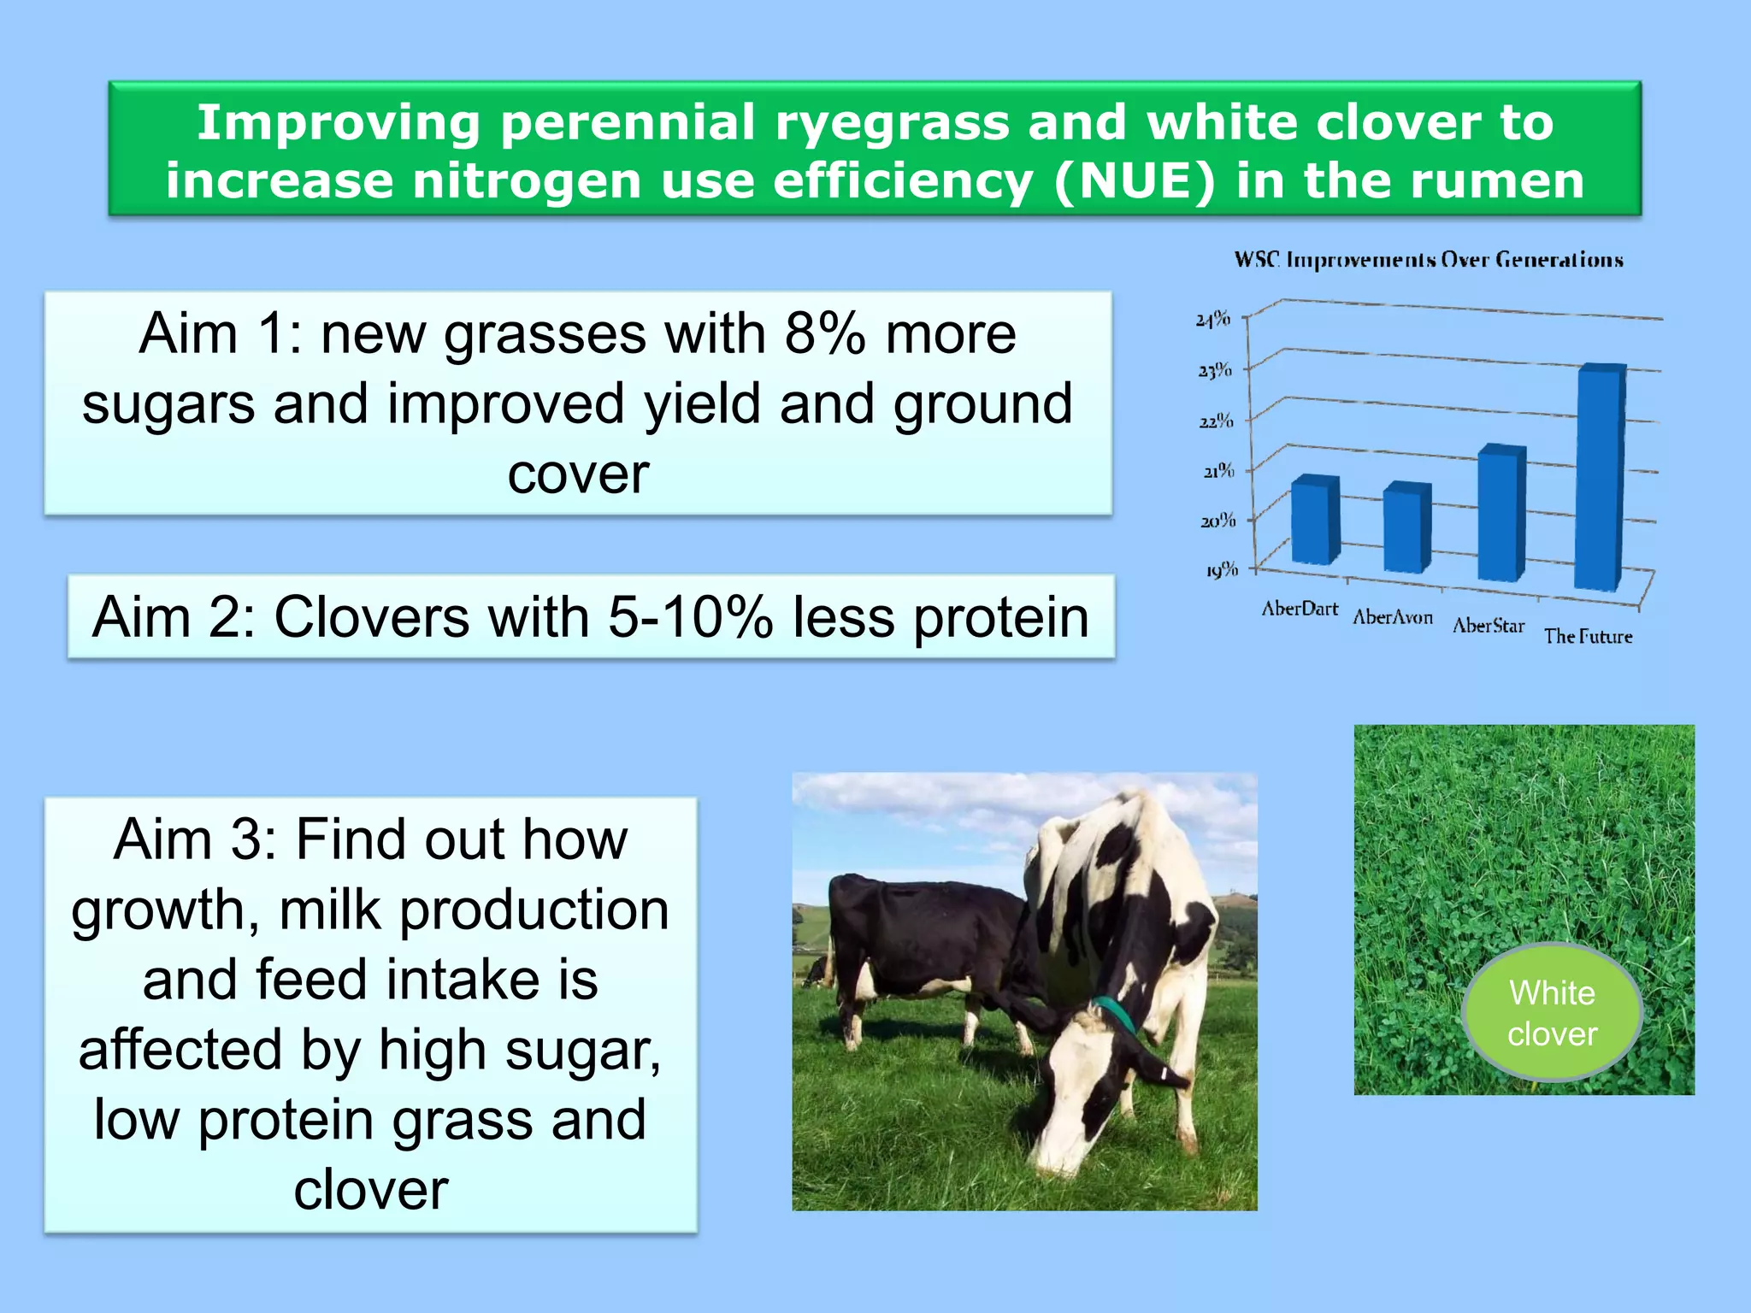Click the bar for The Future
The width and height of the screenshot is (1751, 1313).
click(x=1600, y=479)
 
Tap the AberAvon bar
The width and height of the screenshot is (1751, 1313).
click(x=1406, y=527)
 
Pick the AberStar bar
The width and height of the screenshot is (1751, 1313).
click(x=1501, y=513)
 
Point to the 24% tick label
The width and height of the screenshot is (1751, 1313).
click(x=1212, y=320)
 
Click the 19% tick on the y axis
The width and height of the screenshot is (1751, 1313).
click(x=1221, y=569)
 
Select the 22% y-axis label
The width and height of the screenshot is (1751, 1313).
click(x=1215, y=421)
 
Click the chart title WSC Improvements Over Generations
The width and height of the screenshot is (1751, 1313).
click(x=1428, y=260)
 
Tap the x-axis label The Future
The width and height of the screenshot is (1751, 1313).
click(x=1588, y=636)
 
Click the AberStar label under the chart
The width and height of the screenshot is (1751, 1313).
click(x=1489, y=626)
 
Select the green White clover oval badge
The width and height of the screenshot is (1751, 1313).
click(x=1552, y=1013)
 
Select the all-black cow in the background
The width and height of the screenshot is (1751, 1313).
click(x=915, y=940)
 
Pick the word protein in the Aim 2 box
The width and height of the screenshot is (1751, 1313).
click(x=1001, y=617)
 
